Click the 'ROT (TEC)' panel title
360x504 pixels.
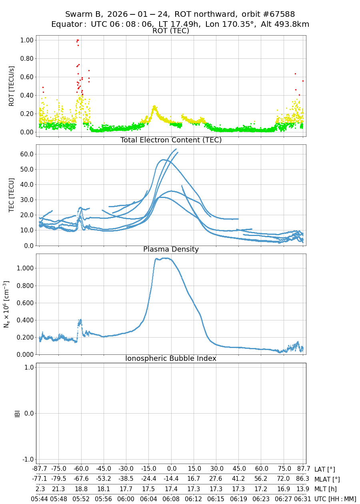click(171, 31)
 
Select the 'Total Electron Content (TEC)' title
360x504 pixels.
click(171, 140)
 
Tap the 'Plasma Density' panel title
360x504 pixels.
click(171, 249)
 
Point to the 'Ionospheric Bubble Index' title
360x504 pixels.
click(171, 358)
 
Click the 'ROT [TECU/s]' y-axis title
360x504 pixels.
click(12, 86)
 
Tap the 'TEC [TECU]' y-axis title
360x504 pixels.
click(12, 195)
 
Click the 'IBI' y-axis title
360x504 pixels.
click(17, 413)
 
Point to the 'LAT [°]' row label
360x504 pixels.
click(324, 470)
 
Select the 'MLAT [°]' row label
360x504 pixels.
click(327, 479)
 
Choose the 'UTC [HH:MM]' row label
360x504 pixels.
click(335, 499)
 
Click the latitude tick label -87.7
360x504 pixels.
click(39, 469)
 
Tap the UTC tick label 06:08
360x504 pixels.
click(171, 499)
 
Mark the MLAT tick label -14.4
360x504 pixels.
click(171, 479)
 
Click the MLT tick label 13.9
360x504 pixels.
click(303, 489)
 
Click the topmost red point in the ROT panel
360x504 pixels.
click(78, 40)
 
